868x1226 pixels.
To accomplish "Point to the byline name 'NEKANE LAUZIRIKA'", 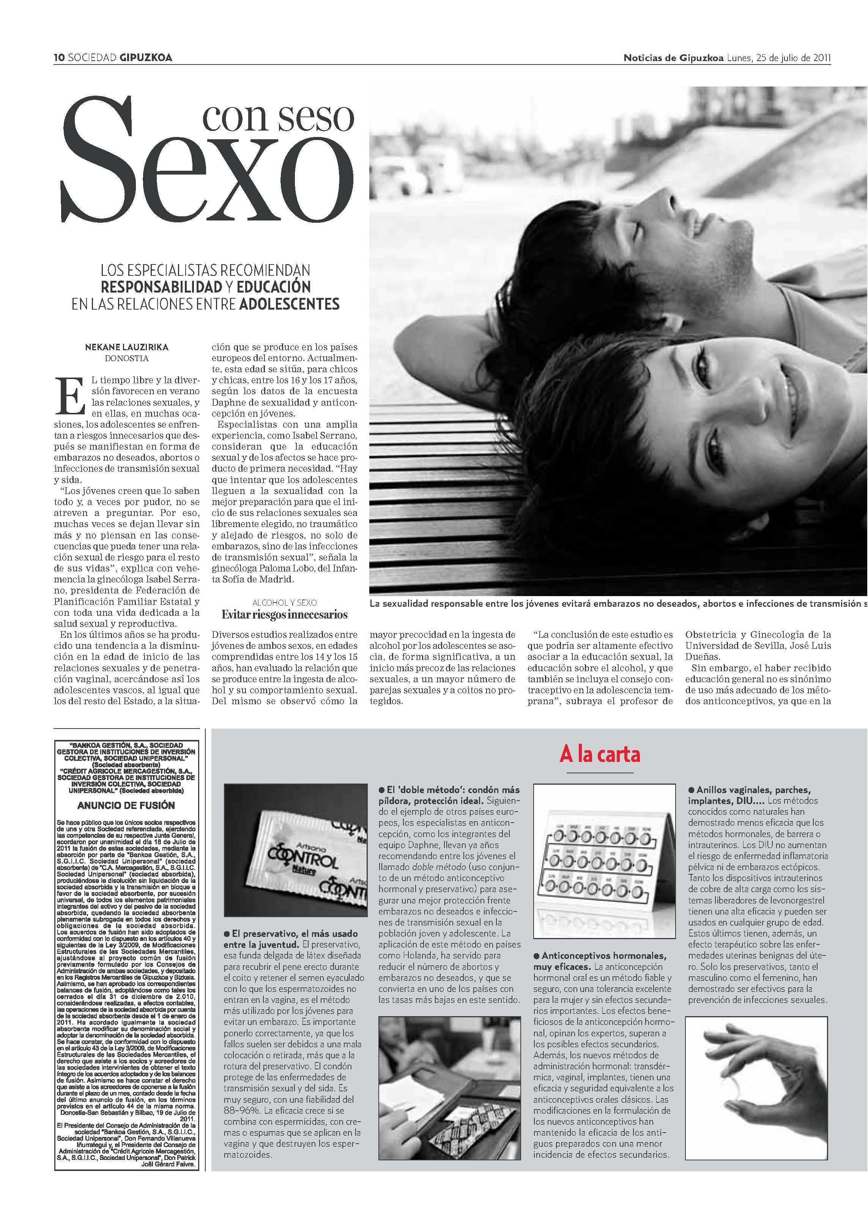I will [x=127, y=347].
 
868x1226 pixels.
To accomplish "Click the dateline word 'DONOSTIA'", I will [x=127, y=359].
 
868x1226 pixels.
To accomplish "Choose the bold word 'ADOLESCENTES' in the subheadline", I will [x=289, y=304].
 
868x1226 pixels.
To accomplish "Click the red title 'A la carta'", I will [x=599, y=754].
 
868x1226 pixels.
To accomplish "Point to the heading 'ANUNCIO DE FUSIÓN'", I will [x=126, y=805].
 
